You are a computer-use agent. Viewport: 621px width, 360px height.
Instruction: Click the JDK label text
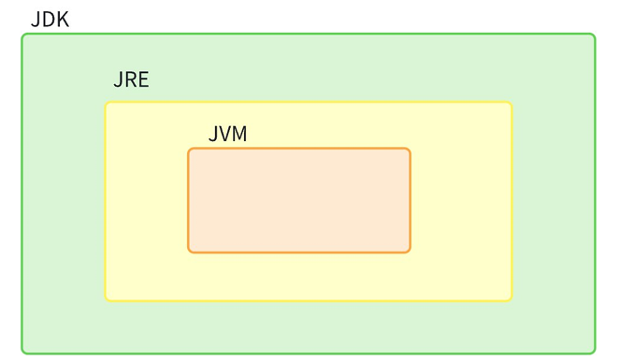(x=51, y=19)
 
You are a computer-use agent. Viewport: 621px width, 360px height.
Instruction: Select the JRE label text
(x=131, y=79)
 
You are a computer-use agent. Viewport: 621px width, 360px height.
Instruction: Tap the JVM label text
(x=227, y=134)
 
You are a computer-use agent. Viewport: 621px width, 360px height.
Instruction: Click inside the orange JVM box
(x=299, y=200)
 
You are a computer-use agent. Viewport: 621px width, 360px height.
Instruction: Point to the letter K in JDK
(x=63, y=19)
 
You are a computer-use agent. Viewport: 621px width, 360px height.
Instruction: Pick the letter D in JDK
(x=49, y=19)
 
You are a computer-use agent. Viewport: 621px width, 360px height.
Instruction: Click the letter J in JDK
(x=36, y=19)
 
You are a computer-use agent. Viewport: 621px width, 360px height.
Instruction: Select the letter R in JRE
(x=130, y=79)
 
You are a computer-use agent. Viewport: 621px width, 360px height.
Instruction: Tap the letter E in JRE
(x=143, y=79)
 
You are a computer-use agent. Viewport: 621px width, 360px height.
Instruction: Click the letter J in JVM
(x=212, y=134)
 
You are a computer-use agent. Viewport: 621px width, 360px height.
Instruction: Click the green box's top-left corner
(x=23, y=36)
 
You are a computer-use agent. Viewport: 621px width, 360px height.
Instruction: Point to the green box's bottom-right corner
(x=594, y=353)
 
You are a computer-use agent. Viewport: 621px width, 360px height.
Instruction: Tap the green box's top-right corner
(x=594, y=36)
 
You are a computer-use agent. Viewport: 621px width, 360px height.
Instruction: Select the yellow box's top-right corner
(x=511, y=103)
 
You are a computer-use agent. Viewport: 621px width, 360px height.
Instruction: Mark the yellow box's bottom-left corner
(x=107, y=299)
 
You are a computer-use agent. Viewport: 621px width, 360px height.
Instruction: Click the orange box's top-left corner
(x=189, y=150)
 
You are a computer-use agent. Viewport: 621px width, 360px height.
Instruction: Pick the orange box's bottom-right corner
(x=409, y=251)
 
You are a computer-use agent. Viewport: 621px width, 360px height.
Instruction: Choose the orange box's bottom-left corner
(x=189, y=251)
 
